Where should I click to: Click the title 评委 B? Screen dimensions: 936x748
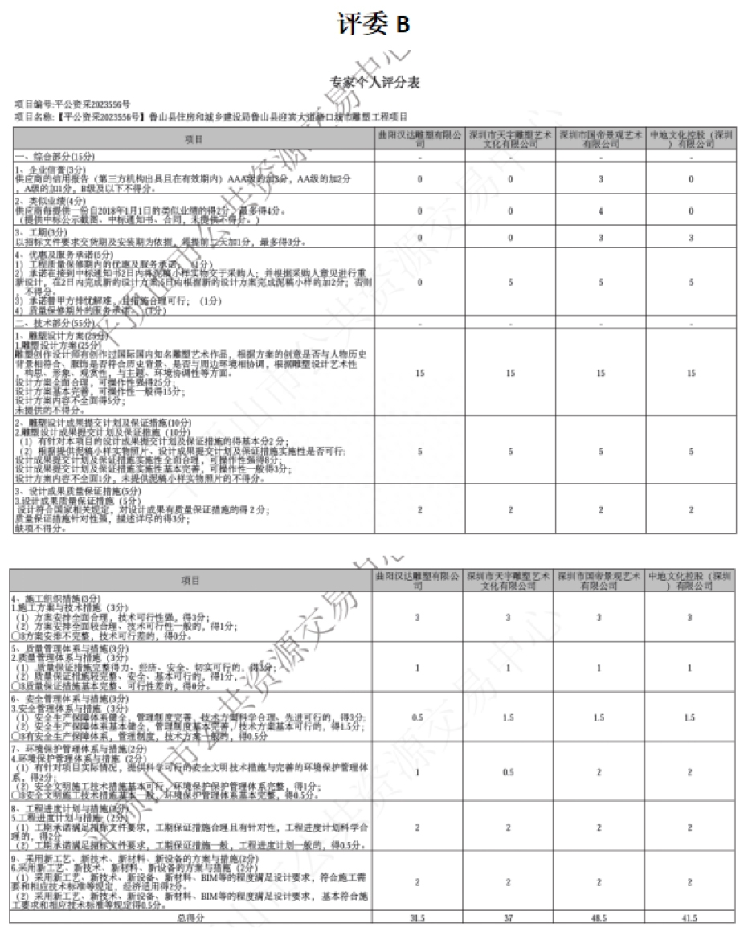(x=374, y=25)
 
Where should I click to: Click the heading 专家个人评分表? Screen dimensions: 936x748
(x=374, y=82)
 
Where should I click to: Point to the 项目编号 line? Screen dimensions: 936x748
(x=72, y=105)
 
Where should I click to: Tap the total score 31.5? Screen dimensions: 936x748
(x=419, y=918)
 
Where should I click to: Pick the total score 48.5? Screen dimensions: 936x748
(x=600, y=918)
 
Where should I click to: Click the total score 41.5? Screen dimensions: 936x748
(x=690, y=918)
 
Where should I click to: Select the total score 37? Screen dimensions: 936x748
(x=509, y=918)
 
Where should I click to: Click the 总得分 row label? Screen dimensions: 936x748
(x=191, y=918)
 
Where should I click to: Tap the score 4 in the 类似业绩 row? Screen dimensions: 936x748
(x=600, y=211)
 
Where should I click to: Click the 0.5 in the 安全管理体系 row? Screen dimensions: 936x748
(x=419, y=717)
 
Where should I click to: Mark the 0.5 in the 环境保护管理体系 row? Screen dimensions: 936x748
(x=509, y=772)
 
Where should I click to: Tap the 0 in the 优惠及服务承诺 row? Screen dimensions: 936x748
(x=419, y=282)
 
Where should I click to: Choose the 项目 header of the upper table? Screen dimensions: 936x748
(x=193, y=139)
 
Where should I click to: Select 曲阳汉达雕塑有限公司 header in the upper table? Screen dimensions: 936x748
(x=419, y=139)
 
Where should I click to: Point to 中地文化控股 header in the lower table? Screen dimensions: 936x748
(x=690, y=580)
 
